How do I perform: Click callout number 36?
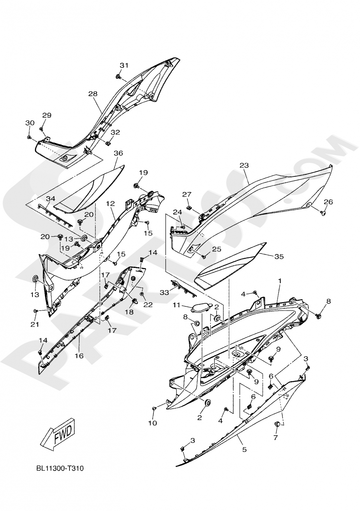tap(118, 153)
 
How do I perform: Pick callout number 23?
tap(244, 166)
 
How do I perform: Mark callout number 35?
tap(279, 257)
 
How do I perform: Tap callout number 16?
tap(79, 356)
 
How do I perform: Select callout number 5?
tap(244, 449)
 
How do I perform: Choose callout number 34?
tap(50, 198)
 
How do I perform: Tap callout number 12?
tap(110, 204)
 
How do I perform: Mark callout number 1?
tap(280, 280)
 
